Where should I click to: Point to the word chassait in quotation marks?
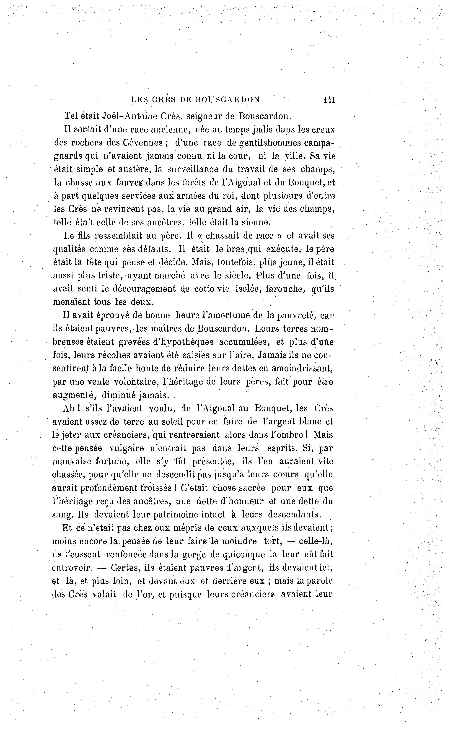(x=223, y=236)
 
